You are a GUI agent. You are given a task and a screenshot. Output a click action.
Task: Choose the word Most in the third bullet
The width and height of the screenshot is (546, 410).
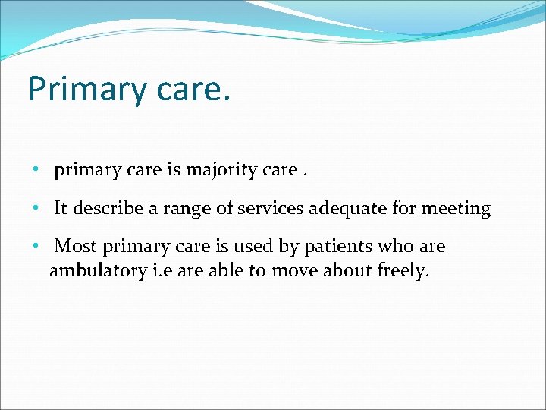click(x=75, y=246)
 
